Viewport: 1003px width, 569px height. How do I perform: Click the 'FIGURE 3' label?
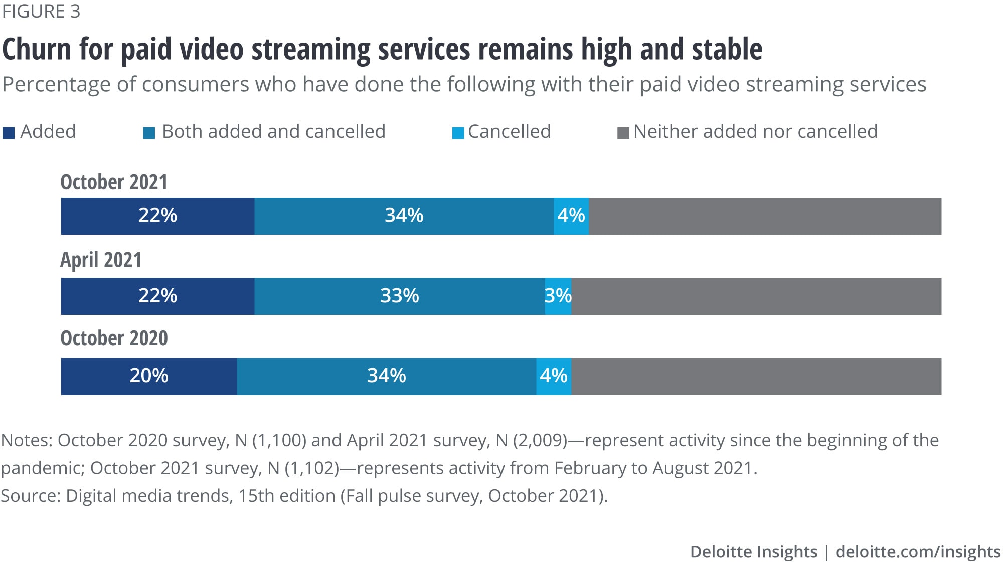(x=41, y=12)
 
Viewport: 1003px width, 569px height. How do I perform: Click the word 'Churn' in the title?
(x=37, y=50)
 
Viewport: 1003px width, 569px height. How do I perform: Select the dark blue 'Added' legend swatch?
(x=9, y=133)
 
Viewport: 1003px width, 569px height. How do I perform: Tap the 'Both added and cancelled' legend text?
(x=273, y=132)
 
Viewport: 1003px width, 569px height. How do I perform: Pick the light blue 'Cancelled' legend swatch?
(x=458, y=133)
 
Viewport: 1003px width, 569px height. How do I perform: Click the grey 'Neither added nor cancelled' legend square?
(x=623, y=133)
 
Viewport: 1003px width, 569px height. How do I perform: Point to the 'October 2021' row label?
(x=114, y=182)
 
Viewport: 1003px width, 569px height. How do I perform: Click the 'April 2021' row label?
(x=101, y=260)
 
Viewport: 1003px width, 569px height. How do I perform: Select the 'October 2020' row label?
(x=114, y=338)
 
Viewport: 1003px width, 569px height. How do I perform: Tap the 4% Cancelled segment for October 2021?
(x=571, y=216)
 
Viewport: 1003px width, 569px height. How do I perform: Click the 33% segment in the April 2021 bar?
(x=399, y=296)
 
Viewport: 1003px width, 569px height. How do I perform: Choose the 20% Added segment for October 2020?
(x=149, y=376)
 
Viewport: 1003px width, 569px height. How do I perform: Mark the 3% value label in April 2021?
(x=558, y=296)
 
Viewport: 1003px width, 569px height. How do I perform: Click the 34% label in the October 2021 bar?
(x=404, y=216)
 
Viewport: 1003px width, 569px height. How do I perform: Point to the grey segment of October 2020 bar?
(x=756, y=376)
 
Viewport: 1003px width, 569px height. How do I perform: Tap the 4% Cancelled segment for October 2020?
(x=554, y=376)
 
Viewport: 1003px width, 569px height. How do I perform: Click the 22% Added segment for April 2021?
(x=157, y=296)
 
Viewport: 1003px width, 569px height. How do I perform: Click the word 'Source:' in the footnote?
(x=31, y=496)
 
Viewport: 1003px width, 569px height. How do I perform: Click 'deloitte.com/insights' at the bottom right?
(x=918, y=552)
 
